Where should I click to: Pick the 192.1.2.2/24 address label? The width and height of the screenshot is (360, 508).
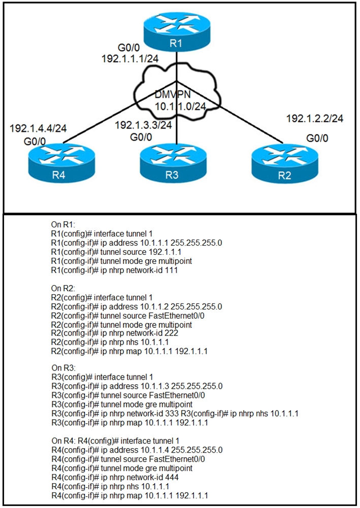tap(315, 119)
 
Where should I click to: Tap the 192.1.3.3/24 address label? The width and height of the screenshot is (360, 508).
tap(143, 125)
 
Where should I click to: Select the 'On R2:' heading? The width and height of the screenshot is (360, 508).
tap(62, 288)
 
